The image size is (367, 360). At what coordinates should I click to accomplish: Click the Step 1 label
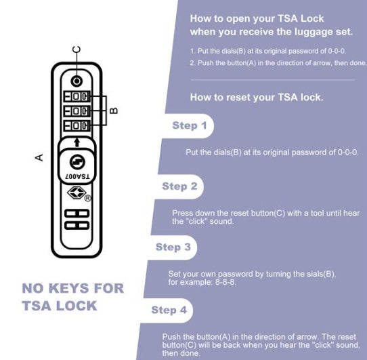[190, 125]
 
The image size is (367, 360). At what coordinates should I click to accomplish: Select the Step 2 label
[179, 186]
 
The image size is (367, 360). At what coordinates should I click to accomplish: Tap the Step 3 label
[173, 247]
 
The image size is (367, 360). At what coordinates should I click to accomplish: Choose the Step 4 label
[169, 310]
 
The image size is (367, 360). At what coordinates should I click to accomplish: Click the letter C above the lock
[77, 49]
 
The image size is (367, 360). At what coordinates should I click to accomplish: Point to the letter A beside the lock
[39, 157]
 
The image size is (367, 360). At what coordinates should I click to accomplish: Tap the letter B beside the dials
[114, 111]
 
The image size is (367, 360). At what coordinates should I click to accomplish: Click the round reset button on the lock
[77, 81]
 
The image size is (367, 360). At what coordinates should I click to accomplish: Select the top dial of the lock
[77, 96]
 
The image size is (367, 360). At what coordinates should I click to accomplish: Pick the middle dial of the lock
[77, 111]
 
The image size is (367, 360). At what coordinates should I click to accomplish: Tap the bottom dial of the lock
[77, 125]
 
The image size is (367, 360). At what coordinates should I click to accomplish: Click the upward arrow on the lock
[77, 142]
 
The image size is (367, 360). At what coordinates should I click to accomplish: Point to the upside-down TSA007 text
[77, 176]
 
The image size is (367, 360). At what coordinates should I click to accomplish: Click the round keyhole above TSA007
[77, 162]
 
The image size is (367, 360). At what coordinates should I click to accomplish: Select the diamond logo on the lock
[77, 193]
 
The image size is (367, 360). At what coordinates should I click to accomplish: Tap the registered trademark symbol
[87, 198]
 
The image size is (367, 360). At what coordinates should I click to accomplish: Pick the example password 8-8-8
[225, 282]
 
